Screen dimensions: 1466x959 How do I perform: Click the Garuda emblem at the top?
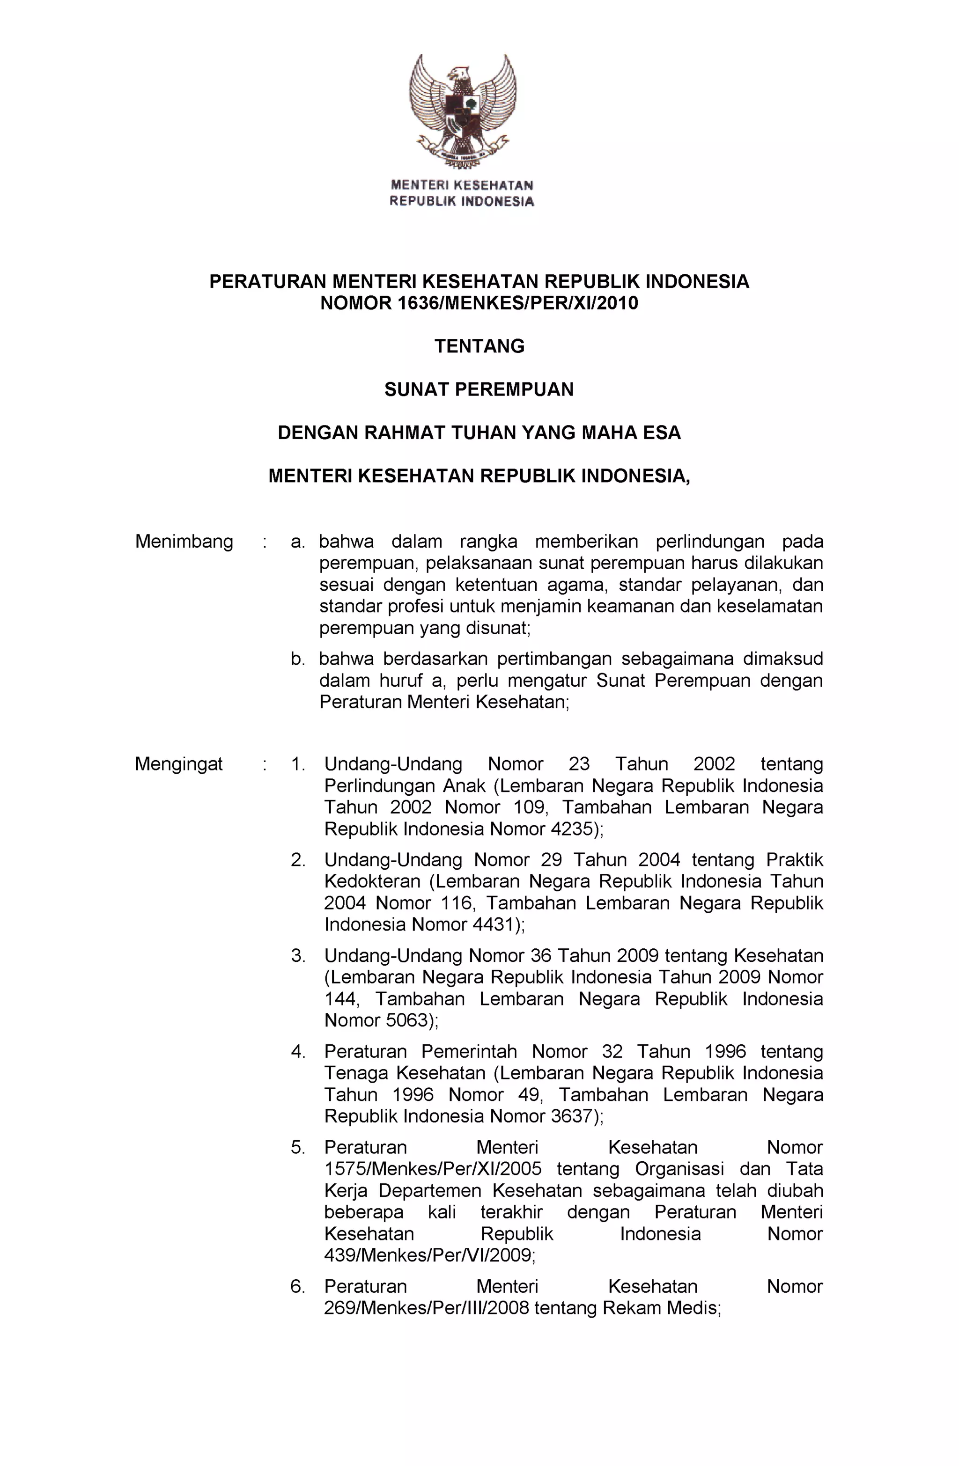click(x=462, y=111)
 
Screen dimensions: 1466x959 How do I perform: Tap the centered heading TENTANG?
click(x=479, y=346)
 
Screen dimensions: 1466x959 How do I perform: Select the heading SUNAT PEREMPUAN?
click(x=479, y=389)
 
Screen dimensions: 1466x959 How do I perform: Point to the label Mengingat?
click(x=179, y=764)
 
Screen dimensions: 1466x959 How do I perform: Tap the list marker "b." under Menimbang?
click(x=298, y=659)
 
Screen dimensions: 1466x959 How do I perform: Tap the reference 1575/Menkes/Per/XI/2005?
click(x=433, y=1169)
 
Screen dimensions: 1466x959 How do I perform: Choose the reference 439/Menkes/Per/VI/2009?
click(x=428, y=1255)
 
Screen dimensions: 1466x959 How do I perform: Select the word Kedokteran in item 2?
click(x=372, y=881)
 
